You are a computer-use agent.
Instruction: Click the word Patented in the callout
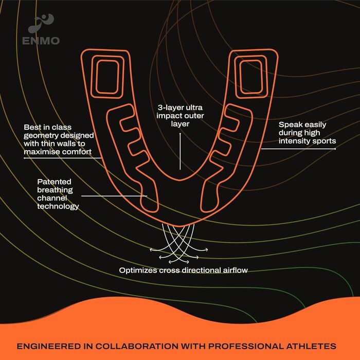[55, 182]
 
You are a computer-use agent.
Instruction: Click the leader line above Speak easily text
[298, 149]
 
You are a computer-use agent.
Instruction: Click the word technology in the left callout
[58, 206]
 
